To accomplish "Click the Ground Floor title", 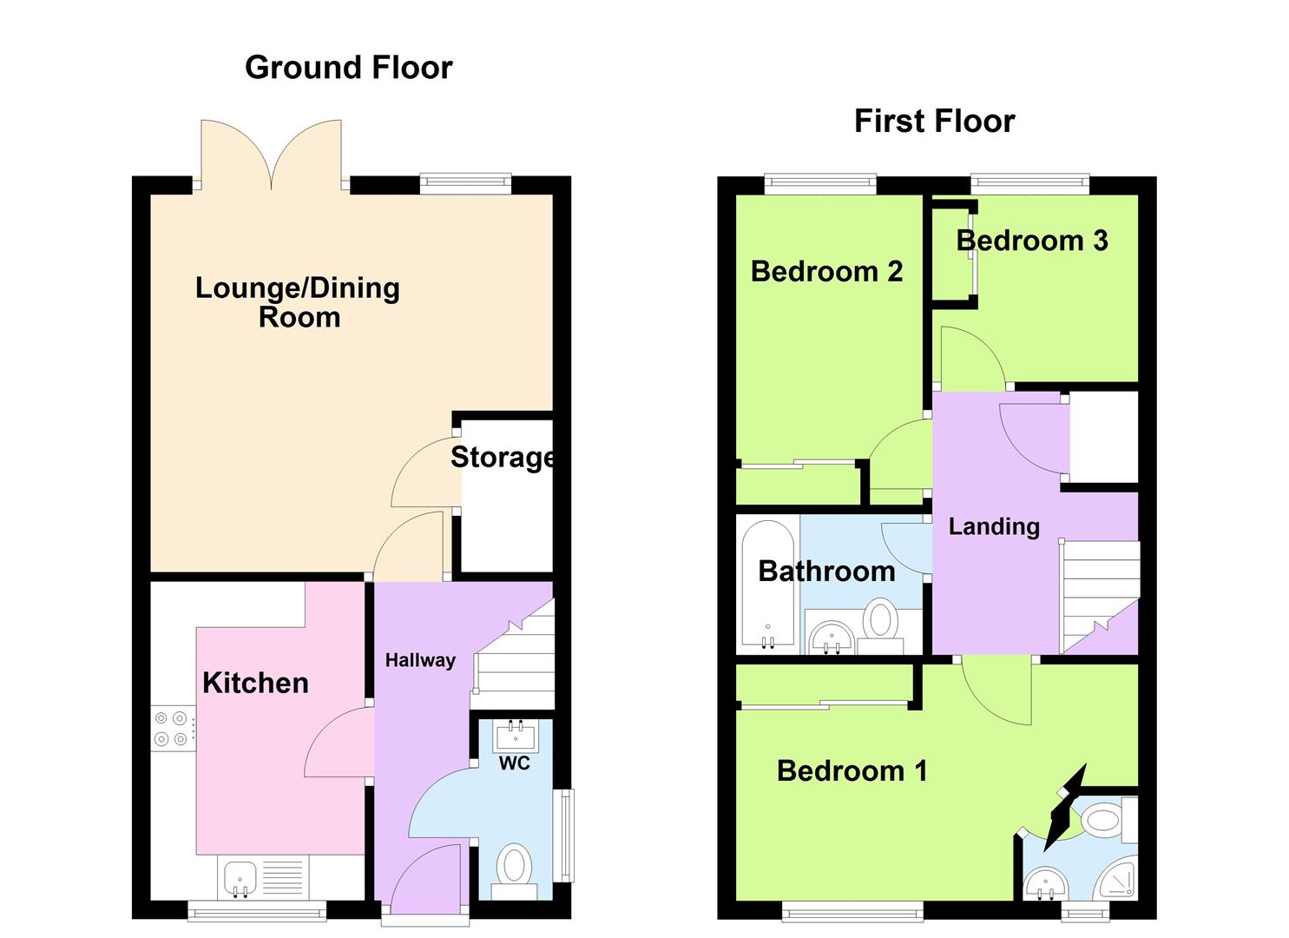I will point(348,68).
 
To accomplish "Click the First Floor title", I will point(934,121).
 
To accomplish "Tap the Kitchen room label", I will point(255,683).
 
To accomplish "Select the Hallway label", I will point(420,660).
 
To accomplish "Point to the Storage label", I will point(503,457).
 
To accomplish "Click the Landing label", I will point(994,526).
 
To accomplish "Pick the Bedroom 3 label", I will point(1032,241).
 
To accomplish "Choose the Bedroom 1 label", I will point(852,770).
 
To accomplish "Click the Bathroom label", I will point(826,571).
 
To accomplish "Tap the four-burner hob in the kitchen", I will point(171,729).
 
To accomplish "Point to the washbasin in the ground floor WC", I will point(516,737).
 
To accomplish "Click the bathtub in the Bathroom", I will point(768,586).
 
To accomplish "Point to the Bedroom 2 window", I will point(820,183).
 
